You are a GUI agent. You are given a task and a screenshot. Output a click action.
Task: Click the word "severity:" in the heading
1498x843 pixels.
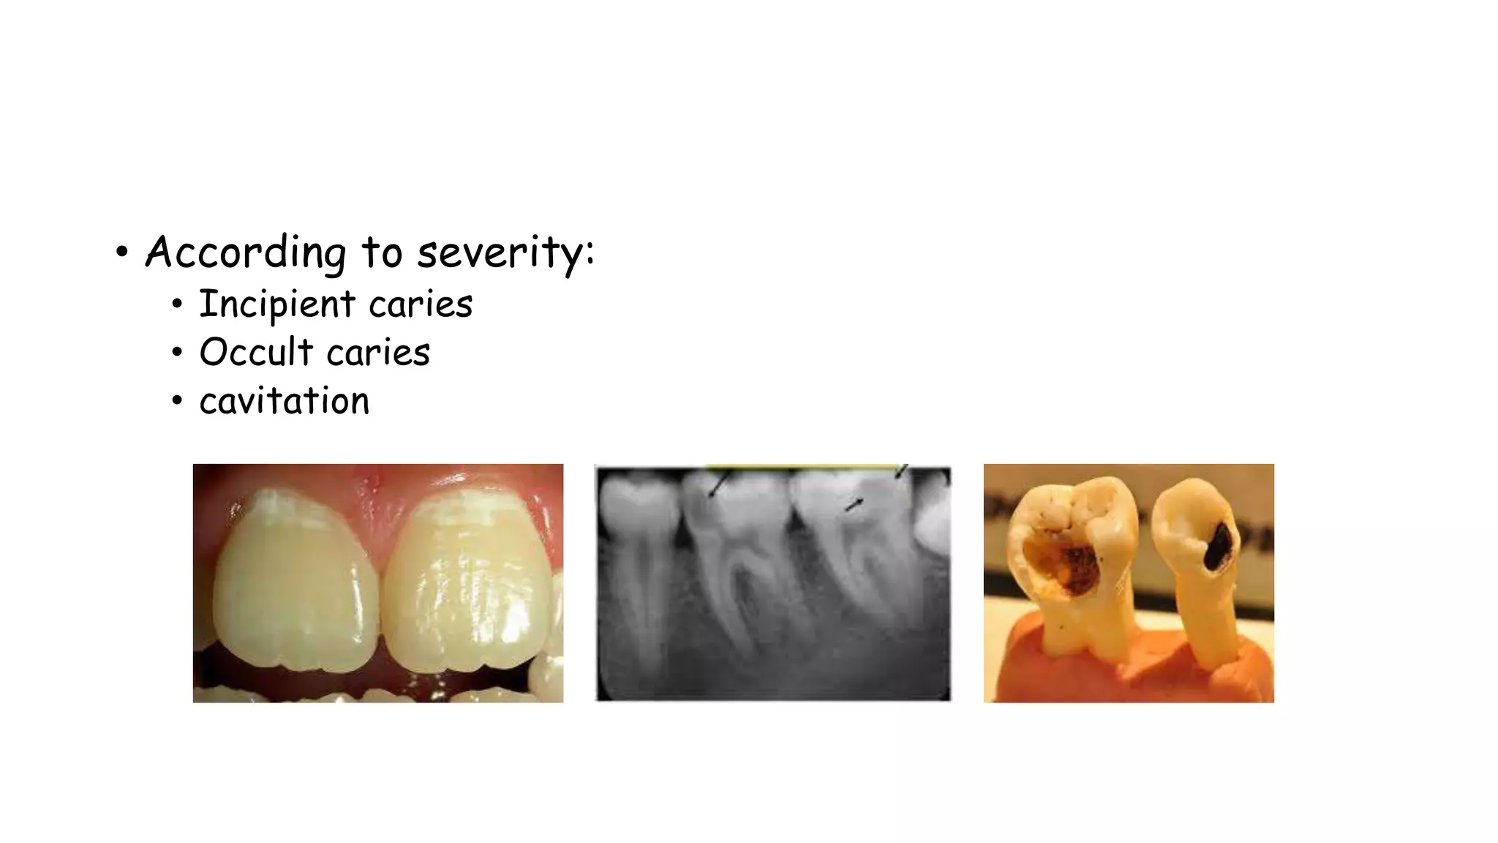(505, 253)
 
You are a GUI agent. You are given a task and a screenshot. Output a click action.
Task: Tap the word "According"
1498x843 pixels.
(245, 253)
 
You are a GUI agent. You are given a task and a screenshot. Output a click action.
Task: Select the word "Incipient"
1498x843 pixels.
(277, 304)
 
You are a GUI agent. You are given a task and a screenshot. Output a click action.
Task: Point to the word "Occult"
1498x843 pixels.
(256, 353)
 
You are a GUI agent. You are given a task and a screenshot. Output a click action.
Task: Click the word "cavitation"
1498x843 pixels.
(285, 401)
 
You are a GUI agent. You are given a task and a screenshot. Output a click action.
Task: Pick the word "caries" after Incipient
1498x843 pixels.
(421, 304)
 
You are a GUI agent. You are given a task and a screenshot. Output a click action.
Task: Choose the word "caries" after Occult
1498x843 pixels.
(378, 353)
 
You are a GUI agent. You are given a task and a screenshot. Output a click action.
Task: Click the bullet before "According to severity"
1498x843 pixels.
(122, 252)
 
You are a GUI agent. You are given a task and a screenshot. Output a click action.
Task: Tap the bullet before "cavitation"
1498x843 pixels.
(177, 401)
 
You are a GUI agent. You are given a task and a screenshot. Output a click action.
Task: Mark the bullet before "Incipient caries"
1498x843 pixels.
(177, 304)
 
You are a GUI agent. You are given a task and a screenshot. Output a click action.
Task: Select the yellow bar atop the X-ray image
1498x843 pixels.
(801, 467)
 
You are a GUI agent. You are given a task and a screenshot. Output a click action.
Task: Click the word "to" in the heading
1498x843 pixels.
(382, 253)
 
